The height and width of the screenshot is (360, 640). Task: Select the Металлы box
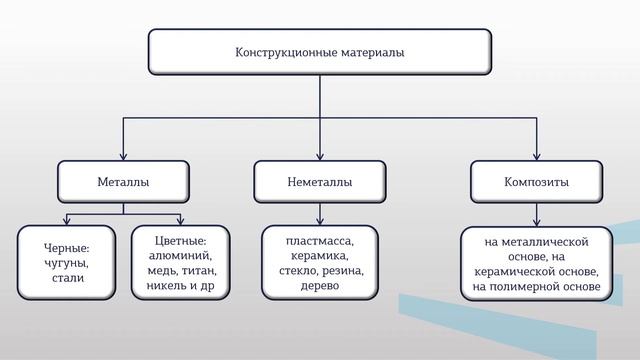point(123,182)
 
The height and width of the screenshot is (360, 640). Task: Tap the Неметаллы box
point(319,182)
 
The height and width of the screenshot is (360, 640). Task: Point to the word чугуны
point(67,263)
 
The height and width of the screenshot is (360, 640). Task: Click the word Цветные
point(180,240)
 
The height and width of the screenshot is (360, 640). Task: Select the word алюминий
point(181,256)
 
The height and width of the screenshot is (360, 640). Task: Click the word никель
point(165,288)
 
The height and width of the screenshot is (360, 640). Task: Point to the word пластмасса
point(319,240)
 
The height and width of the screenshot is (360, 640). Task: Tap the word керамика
point(319,256)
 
